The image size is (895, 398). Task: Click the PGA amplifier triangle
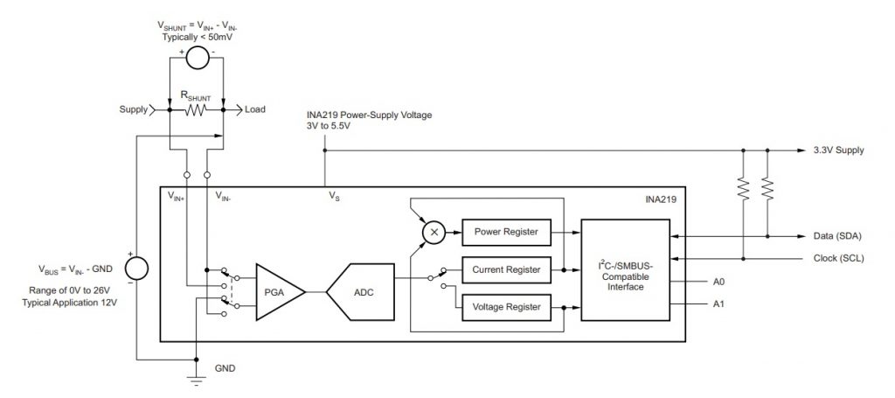277,292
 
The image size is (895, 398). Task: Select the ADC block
361,292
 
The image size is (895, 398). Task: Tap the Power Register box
506,232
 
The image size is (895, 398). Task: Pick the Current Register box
506,269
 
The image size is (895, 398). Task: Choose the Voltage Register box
506,307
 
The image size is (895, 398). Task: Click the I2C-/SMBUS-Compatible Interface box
625,269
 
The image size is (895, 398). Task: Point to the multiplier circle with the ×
434,232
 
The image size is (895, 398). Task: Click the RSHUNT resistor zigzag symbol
195,109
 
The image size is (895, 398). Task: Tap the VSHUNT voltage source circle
197,58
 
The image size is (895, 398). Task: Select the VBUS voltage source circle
136,268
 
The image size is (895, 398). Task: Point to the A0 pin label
719,282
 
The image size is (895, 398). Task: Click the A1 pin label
719,304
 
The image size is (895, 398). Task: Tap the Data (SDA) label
838,236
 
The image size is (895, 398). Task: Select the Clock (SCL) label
838,258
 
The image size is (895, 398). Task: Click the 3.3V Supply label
838,150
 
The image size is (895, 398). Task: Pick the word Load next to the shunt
255,109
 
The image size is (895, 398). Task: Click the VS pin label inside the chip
334,197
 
